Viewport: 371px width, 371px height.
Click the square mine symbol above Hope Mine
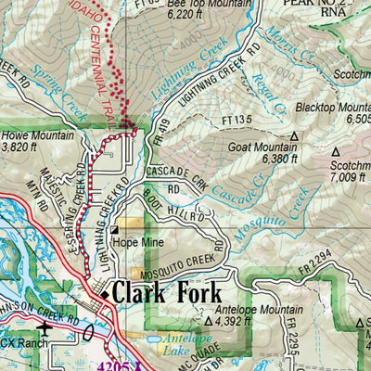(114, 231)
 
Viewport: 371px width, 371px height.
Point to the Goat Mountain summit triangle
(294, 135)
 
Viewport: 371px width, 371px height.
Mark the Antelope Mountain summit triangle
(208, 320)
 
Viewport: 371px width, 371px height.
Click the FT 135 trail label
(237, 119)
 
